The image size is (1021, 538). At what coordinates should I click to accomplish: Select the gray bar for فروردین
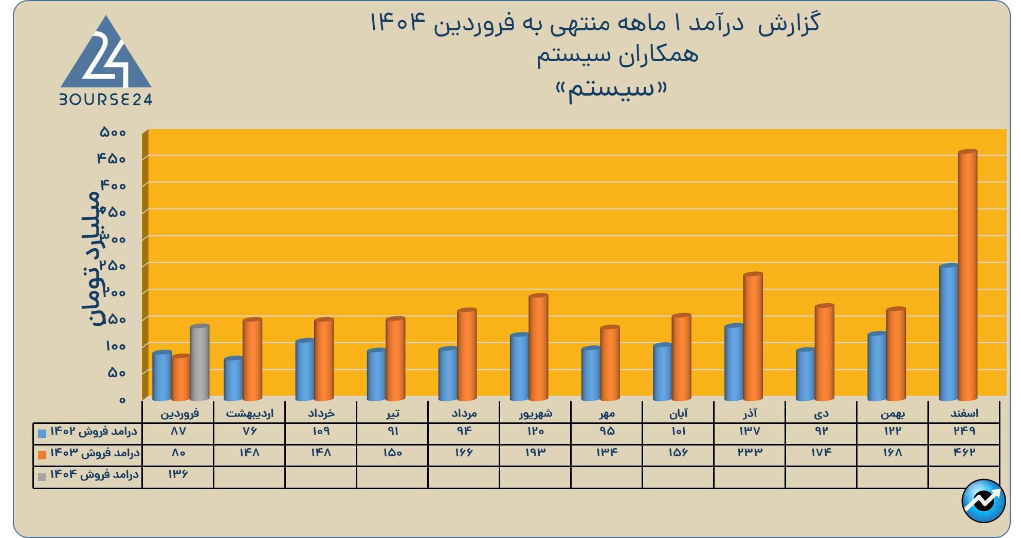[199, 362]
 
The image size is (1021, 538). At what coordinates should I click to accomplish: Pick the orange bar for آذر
[753, 337]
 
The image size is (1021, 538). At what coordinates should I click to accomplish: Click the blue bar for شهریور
[519, 367]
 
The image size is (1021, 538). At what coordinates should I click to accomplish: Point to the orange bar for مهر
[610, 363]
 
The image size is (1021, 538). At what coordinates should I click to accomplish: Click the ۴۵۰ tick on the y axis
[112, 159]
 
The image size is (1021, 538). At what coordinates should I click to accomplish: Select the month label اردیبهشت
[250, 413]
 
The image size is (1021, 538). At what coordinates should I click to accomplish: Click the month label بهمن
[892, 413]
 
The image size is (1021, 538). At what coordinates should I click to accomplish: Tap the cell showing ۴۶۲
[964, 453]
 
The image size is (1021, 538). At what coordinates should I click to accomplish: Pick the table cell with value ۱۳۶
[178, 474]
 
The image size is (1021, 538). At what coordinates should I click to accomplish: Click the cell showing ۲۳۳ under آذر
[750, 453]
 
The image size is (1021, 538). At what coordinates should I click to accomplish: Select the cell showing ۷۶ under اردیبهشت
[249, 431]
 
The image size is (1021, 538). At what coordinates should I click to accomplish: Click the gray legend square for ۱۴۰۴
[42, 476]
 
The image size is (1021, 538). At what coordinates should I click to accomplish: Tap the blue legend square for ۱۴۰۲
[42, 433]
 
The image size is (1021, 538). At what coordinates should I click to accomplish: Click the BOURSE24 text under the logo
[106, 100]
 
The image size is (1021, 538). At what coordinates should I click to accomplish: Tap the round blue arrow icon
[983, 500]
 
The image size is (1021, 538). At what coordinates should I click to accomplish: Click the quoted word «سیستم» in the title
[611, 90]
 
